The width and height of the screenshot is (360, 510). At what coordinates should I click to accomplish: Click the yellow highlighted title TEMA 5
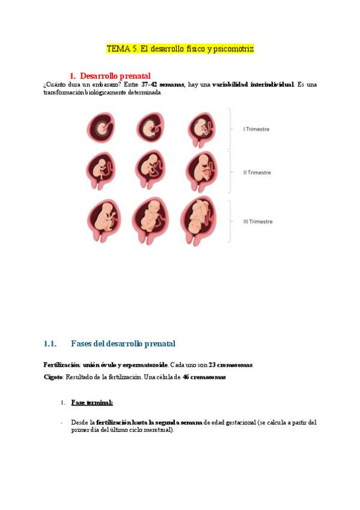click(180, 48)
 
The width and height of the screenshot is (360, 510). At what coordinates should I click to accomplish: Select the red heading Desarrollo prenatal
click(111, 76)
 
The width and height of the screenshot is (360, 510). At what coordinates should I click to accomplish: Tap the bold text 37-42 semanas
click(162, 85)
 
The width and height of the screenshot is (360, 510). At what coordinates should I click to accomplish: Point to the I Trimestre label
click(256, 129)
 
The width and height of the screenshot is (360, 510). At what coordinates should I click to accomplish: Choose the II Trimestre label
click(257, 173)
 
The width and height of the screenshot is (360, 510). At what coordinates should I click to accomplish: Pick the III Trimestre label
click(257, 221)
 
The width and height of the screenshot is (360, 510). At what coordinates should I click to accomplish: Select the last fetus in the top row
click(201, 127)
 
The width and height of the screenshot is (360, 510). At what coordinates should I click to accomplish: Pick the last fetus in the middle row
click(202, 171)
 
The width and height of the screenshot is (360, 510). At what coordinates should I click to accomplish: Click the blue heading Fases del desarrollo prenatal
click(123, 344)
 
